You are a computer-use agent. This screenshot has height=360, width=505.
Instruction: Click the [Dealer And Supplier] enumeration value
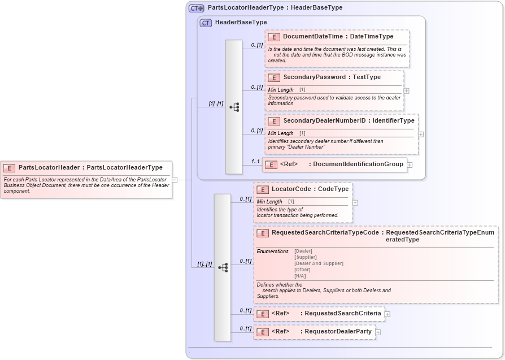(319, 263)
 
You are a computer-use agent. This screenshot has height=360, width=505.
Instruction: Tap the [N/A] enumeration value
(300, 276)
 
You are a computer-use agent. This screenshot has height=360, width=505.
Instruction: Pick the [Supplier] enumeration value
(305, 257)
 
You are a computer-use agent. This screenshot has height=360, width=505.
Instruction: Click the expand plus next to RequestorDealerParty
(378, 332)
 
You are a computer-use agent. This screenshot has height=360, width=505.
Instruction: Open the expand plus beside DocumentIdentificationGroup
(410, 165)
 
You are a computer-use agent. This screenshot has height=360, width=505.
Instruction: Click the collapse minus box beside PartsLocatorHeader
(175, 180)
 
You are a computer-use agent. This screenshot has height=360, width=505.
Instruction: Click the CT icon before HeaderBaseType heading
(206, 23)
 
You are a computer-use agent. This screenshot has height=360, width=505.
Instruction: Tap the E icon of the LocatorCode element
(262, 189)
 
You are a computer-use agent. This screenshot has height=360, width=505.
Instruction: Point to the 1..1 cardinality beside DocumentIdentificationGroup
(255, 161)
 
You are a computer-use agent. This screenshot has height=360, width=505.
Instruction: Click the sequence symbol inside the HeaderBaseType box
(233, 107)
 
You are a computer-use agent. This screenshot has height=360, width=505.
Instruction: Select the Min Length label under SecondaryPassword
(281, 90)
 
